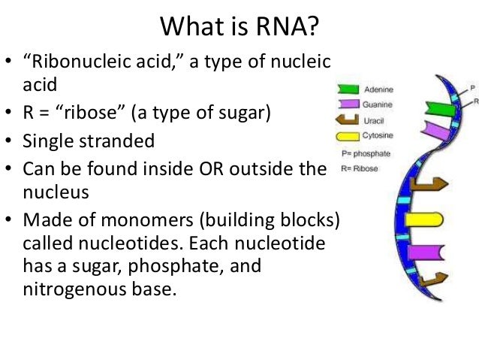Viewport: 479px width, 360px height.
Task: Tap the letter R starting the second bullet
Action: click(29, 114)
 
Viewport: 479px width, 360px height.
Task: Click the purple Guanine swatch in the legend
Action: click(348, 105)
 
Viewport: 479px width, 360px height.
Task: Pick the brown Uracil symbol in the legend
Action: click(348, 119)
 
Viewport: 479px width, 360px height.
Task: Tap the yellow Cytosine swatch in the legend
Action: click(348, 137)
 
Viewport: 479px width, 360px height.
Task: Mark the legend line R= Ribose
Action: click(360, 168)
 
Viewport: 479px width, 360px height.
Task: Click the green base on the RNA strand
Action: click(441, 108)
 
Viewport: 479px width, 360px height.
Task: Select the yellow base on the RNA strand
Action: click(423, 218)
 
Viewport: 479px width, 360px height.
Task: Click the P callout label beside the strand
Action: click(471, 87)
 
